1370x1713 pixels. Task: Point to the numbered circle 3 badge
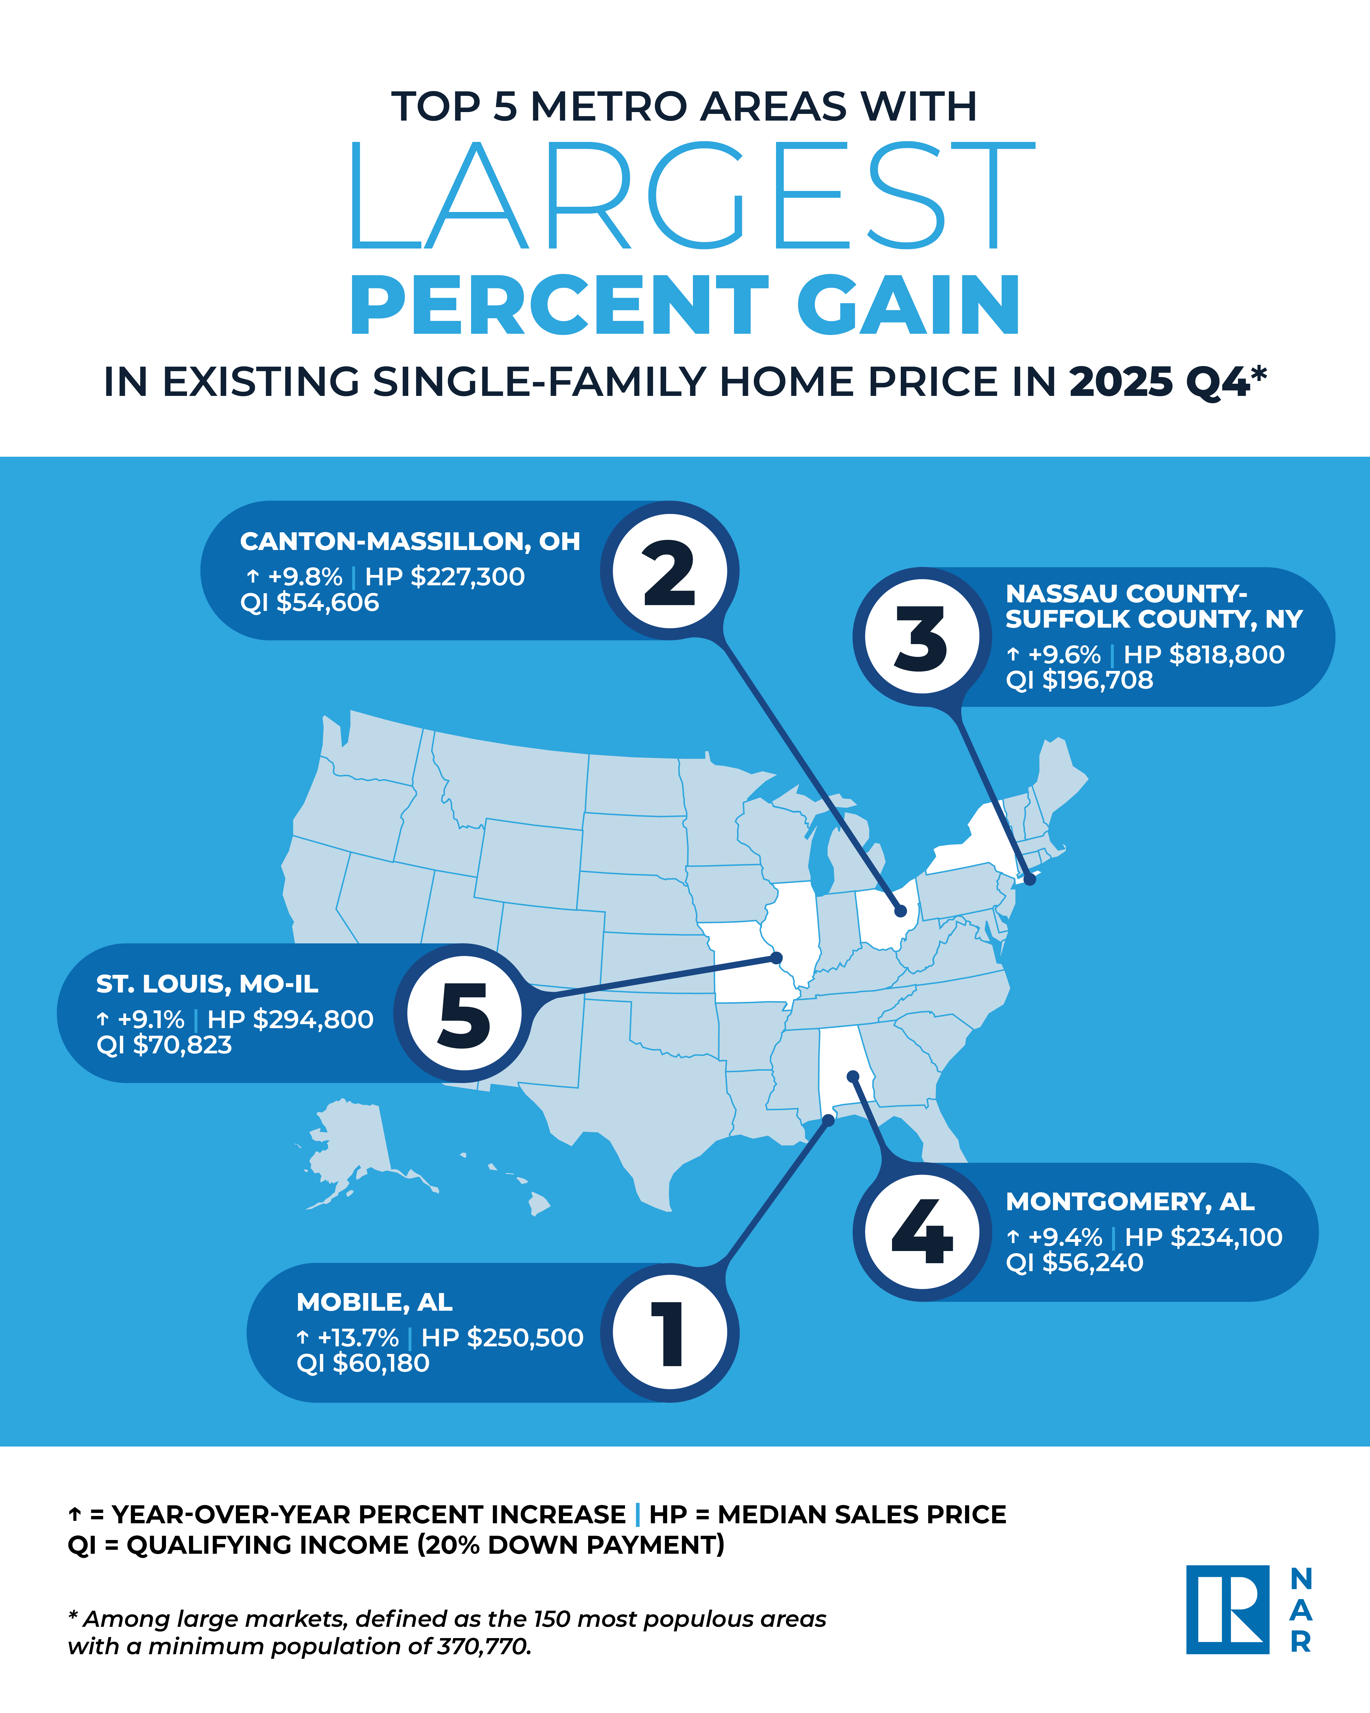[x=922, y=637]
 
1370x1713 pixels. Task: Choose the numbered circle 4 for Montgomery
[x=922, y=1232]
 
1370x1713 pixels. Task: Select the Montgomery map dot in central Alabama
[x=853, y=1077]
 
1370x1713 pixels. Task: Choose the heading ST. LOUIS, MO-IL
[x=207, y=984]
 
